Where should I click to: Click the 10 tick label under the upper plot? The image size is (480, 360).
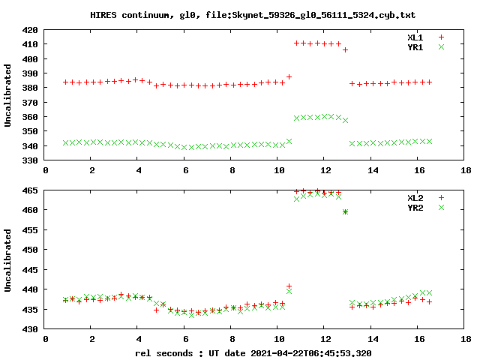tap(279, 171)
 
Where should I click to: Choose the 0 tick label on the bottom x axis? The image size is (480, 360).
tap(45, 339)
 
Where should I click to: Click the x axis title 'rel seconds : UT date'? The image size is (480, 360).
tap(253, 352)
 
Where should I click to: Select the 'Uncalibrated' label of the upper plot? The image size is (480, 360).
tap(8, 95)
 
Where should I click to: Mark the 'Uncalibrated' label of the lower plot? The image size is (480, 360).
tap(8, 259)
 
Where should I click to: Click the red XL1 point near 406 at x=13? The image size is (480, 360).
tap(345, 50)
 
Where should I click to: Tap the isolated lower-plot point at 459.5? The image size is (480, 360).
tap(345, 211)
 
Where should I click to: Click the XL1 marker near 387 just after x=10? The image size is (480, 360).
tap(289, 77)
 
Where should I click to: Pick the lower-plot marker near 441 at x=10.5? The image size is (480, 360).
tap(289, 286)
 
